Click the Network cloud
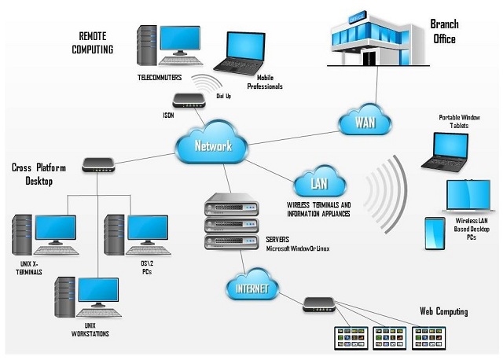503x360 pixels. (x=213, y=145)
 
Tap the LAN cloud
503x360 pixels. (x=319, y=184)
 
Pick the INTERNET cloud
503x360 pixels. (x=251, y=288)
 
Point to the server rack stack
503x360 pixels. (x=230, y=223)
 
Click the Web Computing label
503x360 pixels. (x=443, y=312)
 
